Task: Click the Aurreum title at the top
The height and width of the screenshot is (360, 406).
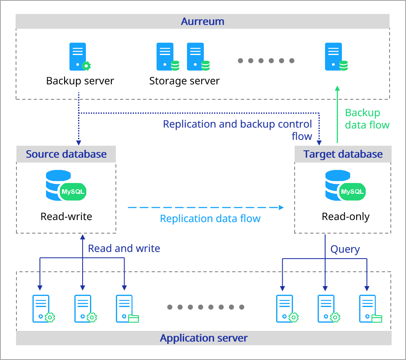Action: coord(203,21)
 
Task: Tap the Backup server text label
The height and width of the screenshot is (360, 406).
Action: coord(80,80)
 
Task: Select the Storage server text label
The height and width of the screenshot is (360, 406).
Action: coord(184,80)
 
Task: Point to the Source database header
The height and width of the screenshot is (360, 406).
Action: coord(66,154)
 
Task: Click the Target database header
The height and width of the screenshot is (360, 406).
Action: coord(343,154)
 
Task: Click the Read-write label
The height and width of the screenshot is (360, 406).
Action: coord(66,216)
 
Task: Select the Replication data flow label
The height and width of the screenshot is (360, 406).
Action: coord(210,218)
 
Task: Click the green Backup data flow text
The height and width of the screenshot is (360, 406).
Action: coord(367,119)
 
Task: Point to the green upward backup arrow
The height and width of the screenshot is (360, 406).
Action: coord(337,115)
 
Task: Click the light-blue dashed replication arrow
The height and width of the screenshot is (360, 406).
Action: coord(205,207)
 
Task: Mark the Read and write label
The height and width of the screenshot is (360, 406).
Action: coord(124,248)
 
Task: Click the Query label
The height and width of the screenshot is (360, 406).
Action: coord(345,249)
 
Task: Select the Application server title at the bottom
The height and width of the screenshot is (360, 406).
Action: coord(203,338)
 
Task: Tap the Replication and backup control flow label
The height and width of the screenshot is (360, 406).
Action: coord(238,130)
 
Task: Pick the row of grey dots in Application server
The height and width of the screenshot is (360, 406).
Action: coord(206,307)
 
